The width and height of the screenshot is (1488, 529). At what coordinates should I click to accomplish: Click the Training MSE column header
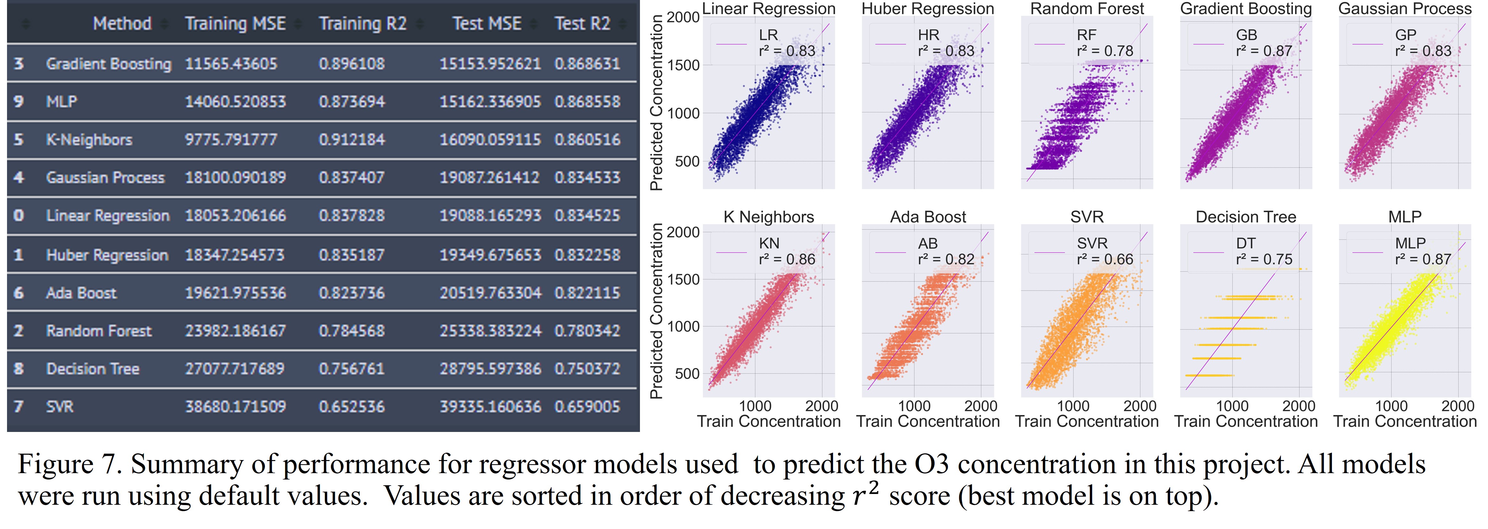point(235,24)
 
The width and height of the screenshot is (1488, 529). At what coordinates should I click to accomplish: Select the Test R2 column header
point(582,24)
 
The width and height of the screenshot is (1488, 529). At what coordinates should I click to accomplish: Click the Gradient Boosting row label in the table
point(109,64)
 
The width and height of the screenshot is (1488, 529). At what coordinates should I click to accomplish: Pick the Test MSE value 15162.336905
point(490,102)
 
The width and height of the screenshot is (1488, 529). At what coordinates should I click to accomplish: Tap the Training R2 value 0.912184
point(351,140)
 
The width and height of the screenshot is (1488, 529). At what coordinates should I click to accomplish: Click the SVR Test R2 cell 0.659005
point(587,407)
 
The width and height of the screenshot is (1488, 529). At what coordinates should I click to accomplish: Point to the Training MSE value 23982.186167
point(235,331)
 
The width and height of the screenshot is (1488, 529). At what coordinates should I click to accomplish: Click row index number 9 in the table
point(19,102)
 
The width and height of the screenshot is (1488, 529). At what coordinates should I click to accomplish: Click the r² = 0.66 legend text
point(1104,259)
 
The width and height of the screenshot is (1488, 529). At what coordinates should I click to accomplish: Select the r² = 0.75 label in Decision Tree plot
point(1264,259)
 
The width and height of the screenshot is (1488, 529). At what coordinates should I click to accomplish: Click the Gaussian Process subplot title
point(1405,9)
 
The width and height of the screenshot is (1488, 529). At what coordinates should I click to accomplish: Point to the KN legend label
point(769,243)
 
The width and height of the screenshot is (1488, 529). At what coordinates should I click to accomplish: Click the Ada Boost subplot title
point(928,217)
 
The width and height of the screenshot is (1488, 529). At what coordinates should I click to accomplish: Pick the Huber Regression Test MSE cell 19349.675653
point(490,255)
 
